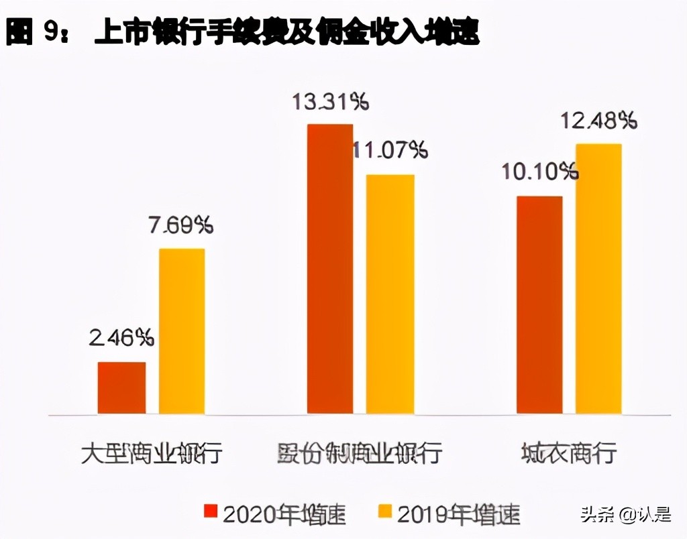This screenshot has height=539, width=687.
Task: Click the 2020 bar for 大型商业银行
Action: (x=121, y=387)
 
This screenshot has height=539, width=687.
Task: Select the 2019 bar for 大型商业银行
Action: (x=182, y=331)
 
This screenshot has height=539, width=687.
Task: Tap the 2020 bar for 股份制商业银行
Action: (x=330, y=269)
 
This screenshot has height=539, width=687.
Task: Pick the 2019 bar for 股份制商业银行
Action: (x=390, y=294)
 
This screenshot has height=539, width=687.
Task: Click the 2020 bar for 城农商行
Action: (x=539, y=305)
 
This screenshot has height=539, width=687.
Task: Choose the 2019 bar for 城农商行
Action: (x=599, y=279)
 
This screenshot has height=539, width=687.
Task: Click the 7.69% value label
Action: (x=181, y=225)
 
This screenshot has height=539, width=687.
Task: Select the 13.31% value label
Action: (x=329, y=103)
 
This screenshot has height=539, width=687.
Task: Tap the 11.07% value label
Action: (x=390, y=150)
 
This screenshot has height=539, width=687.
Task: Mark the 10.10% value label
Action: (x=539, y=172)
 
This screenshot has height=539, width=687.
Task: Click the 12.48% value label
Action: (x=599, y=121)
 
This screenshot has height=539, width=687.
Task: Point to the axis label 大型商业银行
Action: (x=151, y=453)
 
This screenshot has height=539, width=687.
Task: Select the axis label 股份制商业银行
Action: (x=360, y=453)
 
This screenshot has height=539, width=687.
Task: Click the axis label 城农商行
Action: (x=569, y=453)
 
